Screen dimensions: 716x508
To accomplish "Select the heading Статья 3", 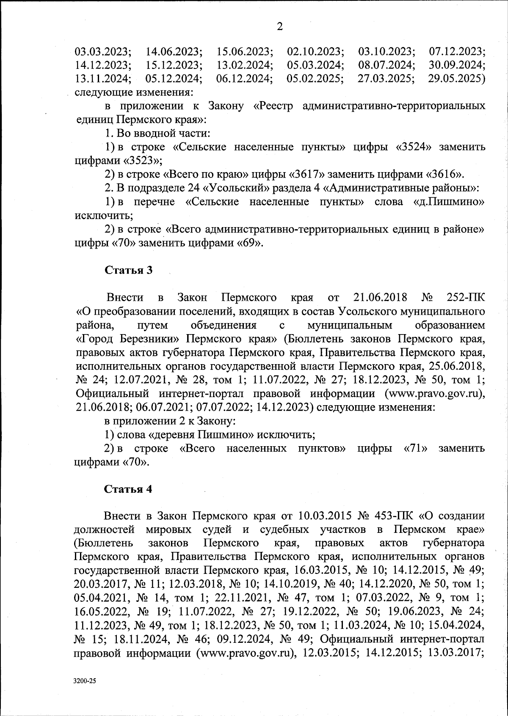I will pos(128,270).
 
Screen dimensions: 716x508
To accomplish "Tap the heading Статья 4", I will pos(128,489).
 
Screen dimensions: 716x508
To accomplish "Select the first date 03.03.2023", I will pos(103,52).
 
